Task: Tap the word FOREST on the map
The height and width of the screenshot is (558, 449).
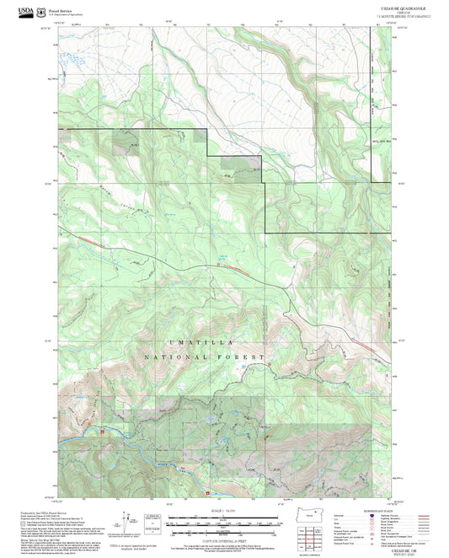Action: point(245,357)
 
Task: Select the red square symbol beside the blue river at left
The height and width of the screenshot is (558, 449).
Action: point(103,431)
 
